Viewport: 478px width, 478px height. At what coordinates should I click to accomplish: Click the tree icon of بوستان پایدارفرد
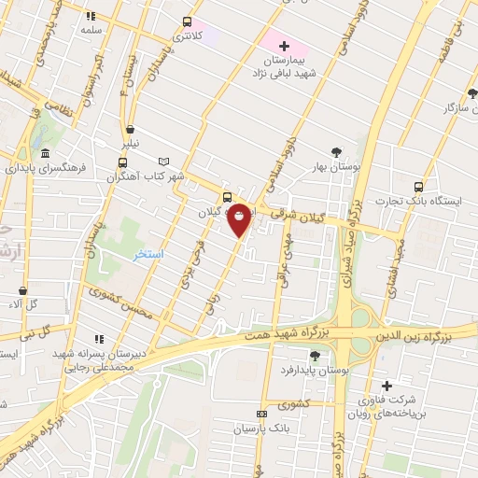tap(315, 357)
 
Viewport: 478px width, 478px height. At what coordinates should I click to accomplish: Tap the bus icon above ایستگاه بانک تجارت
tap(418, 186)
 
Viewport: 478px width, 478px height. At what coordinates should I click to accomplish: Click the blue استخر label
tap(150, 255)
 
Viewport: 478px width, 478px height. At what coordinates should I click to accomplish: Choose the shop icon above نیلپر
tap(130, 130)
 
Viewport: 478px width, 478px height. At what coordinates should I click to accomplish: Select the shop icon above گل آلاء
tap(23, 290)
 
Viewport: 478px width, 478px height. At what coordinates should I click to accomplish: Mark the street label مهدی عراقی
tap(283, 251)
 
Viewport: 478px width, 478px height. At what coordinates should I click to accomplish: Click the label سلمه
tap(91, 30)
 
